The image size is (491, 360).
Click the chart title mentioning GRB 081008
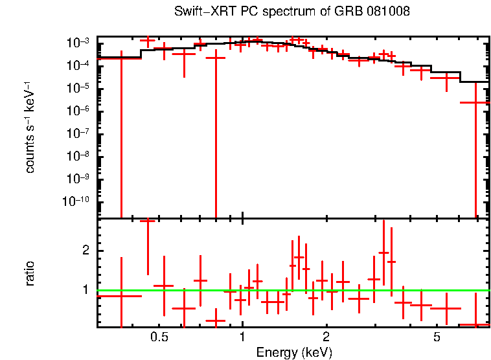point(291,12)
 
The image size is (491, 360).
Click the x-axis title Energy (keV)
point(294,352)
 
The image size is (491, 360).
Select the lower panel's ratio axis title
point(30,273)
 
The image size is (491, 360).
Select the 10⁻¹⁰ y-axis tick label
point(76,202)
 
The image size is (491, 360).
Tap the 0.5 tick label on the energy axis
point(159,337)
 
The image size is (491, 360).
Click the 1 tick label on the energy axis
point(242,337)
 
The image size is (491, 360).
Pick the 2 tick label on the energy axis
point(326,337)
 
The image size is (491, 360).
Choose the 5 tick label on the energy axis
point(437,337)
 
